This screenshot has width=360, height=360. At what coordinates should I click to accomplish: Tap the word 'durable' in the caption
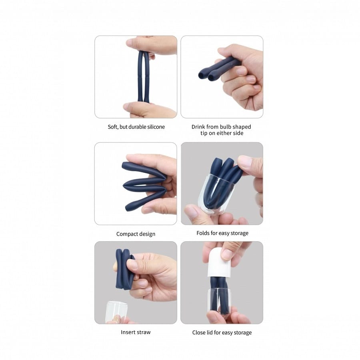tap(137, 127)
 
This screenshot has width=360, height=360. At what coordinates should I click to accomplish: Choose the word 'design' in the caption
tap(146, 234)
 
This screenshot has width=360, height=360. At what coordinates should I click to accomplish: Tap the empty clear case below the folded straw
tap(116, 312)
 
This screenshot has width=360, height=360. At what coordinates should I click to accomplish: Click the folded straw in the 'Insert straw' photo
tap(124, 269)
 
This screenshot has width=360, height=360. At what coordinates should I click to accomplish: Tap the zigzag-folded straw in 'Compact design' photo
tap(145, 186)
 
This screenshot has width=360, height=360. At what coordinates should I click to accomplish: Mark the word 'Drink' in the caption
tap(198, 127)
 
